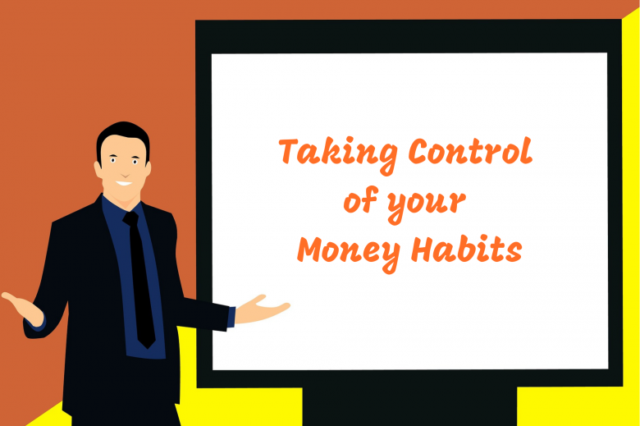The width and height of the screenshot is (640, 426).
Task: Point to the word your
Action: point(431,204)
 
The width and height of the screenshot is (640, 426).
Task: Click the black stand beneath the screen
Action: point(409,406)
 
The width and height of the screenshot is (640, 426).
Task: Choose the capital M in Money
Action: point(310,248)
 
